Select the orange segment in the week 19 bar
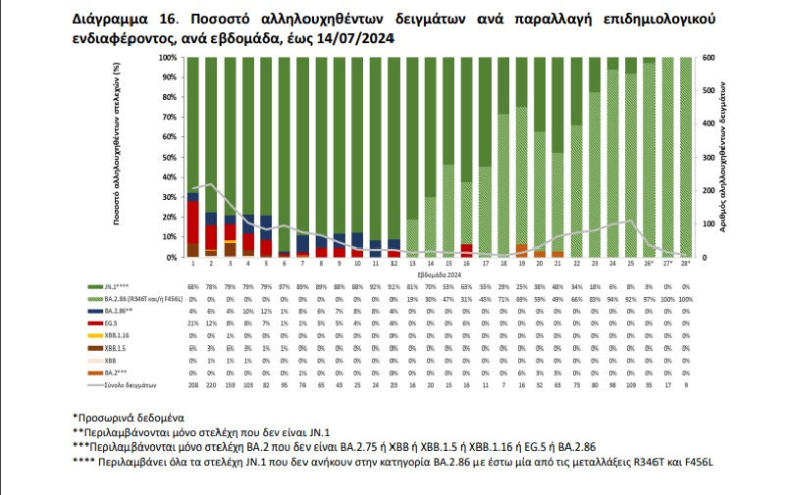(x=521, y=251)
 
